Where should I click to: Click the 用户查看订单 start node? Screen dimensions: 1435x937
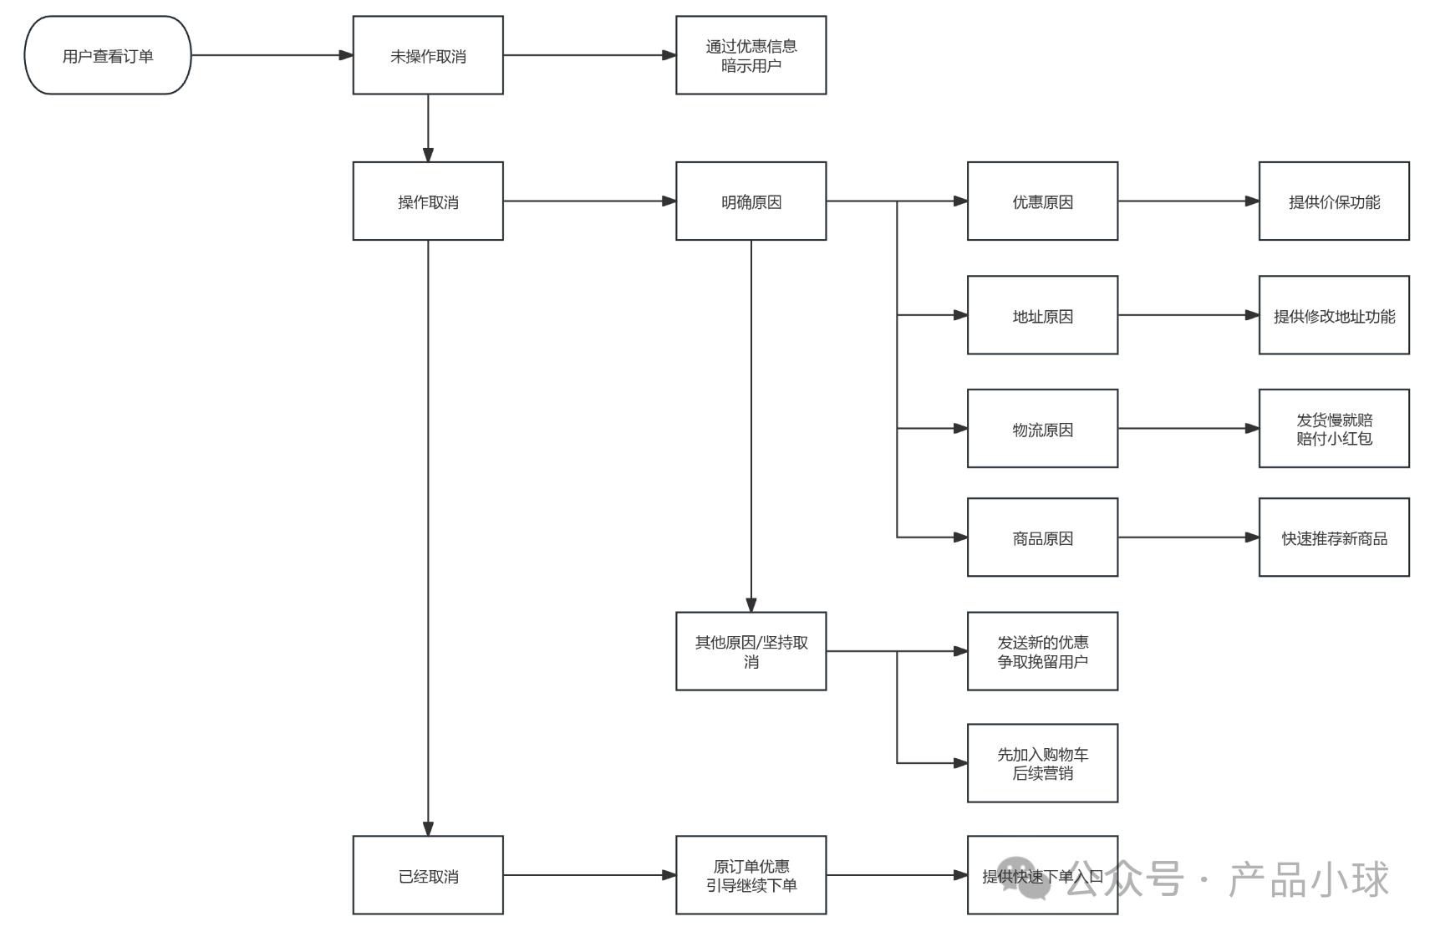tap(108, 55)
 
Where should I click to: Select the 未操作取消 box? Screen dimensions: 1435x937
tap(428, 55)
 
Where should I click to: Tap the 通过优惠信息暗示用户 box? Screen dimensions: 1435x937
tap(751, 55)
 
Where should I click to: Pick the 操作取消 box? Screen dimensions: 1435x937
tap(428, 201)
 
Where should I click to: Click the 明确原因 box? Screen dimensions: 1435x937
tap(751, 201)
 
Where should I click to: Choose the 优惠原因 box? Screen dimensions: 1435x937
tap(1042, 201)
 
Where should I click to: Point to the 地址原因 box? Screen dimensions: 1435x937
tap(1042, 315)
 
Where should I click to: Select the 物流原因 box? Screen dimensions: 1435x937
tap(1042, 429)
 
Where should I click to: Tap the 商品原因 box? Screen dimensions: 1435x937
tap(1042, 537)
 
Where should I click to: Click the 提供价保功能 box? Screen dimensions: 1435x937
tap(1334, 201)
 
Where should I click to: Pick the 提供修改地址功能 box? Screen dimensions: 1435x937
tap(1334, 315)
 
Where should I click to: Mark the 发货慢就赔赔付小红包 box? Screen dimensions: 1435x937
tap(1334, 429)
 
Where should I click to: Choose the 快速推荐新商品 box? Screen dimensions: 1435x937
tap(1334, 537)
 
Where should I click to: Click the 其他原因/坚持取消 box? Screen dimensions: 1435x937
tap(751, 651)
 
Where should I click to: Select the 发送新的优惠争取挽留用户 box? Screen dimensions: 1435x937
tap(1042, 651)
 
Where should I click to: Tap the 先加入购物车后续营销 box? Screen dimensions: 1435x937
tap(1042, 763)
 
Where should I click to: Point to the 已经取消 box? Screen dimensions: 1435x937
tap(428, 875)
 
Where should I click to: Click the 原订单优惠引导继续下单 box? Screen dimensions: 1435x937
tap(751, 875)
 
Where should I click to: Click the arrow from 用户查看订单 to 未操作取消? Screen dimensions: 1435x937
tap(272, 55)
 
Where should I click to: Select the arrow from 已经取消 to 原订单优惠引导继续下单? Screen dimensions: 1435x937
tap(589, 875)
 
